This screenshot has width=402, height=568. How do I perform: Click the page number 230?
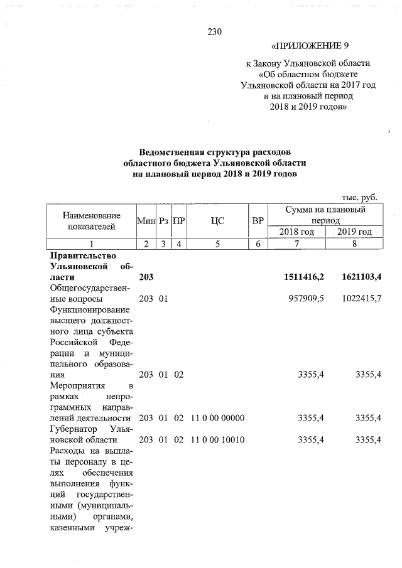click(x=215, y=32)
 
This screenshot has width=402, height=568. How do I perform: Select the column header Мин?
click(x=146, y=221)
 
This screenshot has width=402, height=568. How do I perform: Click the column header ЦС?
click(x=217, y=221)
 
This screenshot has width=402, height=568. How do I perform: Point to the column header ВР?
click(x=258, y=221)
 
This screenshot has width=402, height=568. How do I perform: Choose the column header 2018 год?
click(x=297, y=232)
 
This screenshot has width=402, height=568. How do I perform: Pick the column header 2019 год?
click(x=354, y=232)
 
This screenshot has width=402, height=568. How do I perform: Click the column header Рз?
click(x=163, y=221)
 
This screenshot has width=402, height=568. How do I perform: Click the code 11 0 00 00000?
click(x=217, y=418)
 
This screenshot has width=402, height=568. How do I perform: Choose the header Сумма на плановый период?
click(x=325, y=215)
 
